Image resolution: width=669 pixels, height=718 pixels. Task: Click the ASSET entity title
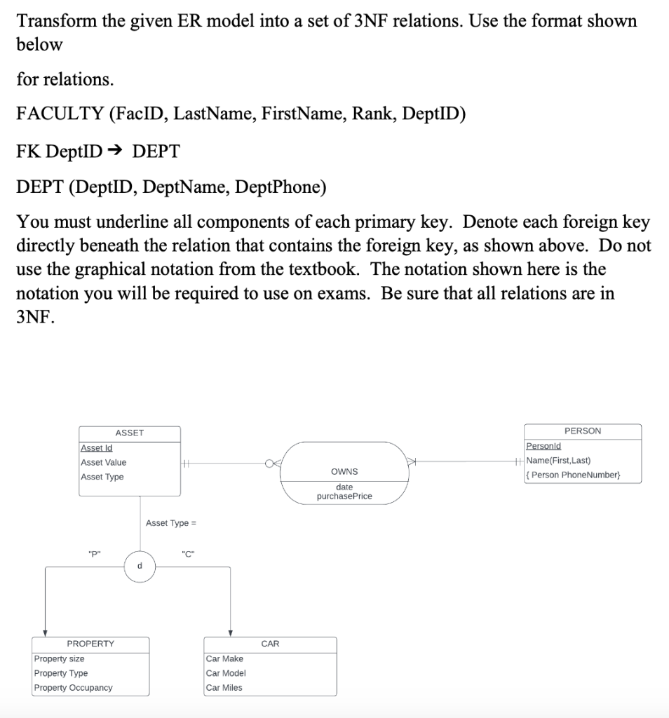point(129,433)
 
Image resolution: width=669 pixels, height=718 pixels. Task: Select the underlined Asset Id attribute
point(97,448)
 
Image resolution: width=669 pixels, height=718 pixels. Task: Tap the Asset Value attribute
point(104,463)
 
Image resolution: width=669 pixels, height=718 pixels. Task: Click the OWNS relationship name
point(344,471)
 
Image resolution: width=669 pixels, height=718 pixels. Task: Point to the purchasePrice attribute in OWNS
point(344,496)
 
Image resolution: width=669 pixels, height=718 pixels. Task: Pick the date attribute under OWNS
point(344,487)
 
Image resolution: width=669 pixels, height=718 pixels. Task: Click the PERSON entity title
point(582,431)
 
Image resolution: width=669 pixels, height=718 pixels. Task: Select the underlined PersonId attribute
point(543,446)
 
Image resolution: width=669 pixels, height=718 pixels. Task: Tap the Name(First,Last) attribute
point(559,461)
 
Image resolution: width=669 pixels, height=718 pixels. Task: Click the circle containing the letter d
point(140,567)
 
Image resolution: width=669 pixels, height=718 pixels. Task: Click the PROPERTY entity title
point(90,644)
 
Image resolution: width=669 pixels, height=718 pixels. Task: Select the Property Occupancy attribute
point(73,688)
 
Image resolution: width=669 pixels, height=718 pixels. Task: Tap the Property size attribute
point(60,659)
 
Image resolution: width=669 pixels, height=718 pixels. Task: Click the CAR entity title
point(270,644)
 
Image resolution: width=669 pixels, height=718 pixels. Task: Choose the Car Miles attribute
point(224,688)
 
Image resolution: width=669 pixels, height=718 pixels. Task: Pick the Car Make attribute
point(225,659)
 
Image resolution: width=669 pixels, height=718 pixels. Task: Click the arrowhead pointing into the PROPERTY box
point(46,632)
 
